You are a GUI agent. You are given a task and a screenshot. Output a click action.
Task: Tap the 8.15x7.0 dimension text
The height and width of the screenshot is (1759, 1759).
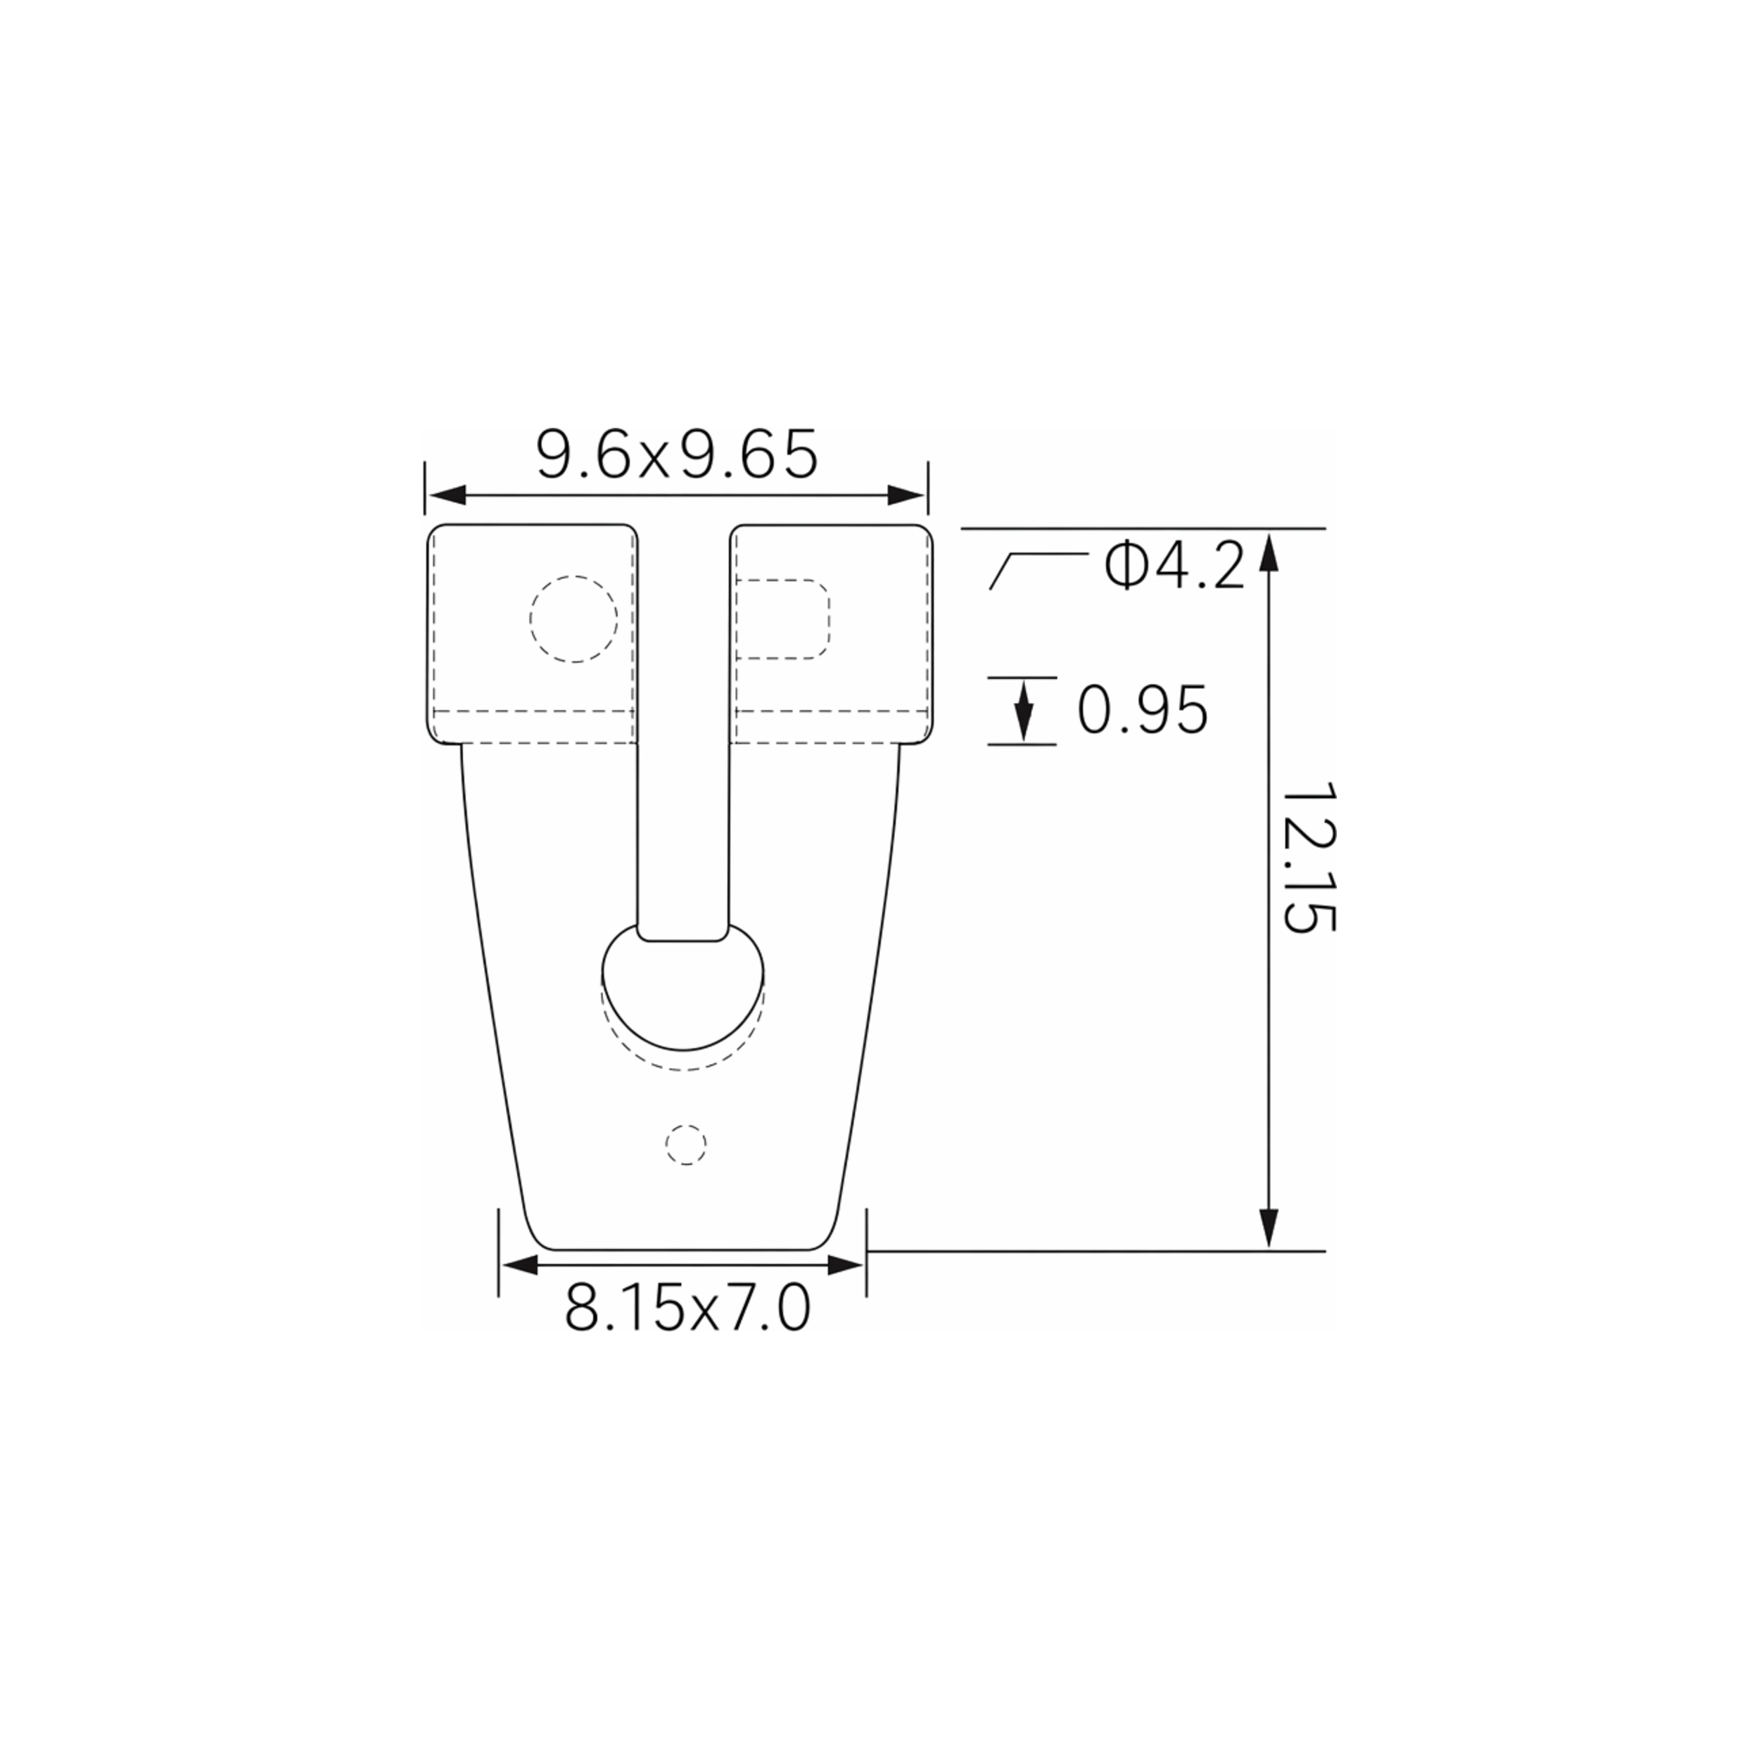(687, 1308)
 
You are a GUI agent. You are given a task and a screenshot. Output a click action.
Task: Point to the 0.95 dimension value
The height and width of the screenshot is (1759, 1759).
(1143, 710)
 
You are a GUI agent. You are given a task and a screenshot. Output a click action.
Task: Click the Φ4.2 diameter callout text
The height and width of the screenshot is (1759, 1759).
(1174, 564)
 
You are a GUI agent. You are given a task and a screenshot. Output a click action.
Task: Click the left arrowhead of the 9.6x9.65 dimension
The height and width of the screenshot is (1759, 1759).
(446, 495)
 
